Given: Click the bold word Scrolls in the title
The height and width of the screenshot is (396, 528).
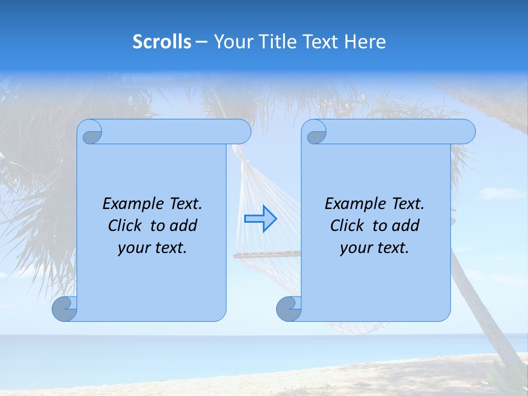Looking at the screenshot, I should pos(162,42).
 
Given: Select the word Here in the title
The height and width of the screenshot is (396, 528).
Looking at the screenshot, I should pos(365,42).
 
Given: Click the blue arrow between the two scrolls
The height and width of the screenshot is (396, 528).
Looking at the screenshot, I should pos(260,219).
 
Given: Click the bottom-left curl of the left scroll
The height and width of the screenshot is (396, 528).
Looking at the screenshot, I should pos(64,309).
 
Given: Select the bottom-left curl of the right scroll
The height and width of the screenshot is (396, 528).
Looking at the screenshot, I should pos(289,309).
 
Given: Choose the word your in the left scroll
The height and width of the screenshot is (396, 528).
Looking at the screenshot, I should pos(134,248).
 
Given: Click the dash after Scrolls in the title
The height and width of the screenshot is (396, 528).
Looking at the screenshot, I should pos(202,42).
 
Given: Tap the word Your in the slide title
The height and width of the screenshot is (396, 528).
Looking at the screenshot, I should pos(230,42).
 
